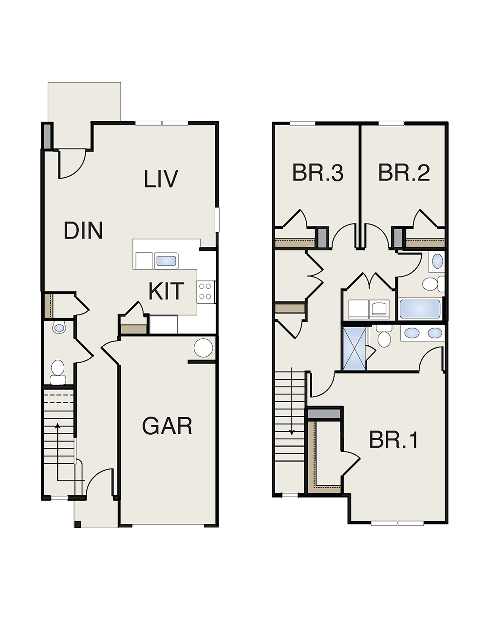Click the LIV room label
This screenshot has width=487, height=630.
click(x=161, y=179)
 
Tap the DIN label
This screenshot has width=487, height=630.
click(x=83, y=231)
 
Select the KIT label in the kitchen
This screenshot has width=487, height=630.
click(x=167, y=291)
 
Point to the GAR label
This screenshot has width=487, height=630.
click(x=167, y=426)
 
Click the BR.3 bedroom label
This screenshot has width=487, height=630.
click(x=318, y=173)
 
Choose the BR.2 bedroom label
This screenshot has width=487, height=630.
click(x=404, y=173)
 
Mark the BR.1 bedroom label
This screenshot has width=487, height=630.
click(x=393, y=440)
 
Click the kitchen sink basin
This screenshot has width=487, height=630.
click(x=166, y=260)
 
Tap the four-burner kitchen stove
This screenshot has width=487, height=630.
click(x=206, y=292)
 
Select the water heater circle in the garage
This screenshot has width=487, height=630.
click(x=203, y=348)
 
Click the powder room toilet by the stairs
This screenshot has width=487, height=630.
click(x=58, y=372)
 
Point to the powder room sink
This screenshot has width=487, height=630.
click(x=59, y=328)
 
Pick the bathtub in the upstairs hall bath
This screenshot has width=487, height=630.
click(x=420, y=309)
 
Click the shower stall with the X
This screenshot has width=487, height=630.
click(x=354, y=349)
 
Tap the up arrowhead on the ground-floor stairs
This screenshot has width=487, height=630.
click(x=57, y=426)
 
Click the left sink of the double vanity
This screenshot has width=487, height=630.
click(x=412, y=333)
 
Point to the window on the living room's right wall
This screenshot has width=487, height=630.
click(x=217, y=219)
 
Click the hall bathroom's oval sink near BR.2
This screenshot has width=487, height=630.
click(x=437, y=261)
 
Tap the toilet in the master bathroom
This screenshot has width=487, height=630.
click(x=384, y=336)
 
